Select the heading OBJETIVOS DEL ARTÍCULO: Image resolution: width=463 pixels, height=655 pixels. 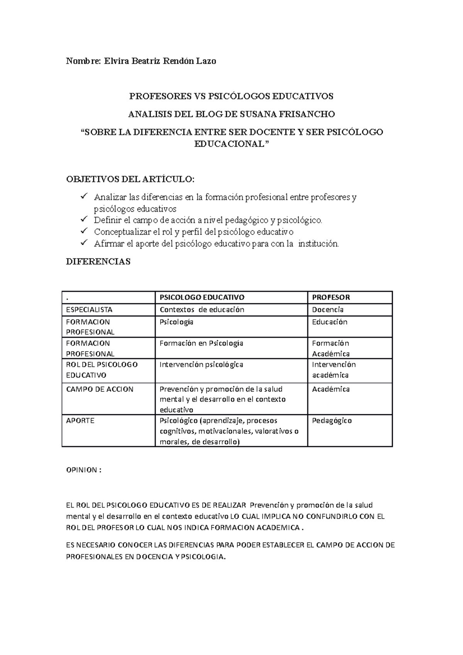(x=131, y=179)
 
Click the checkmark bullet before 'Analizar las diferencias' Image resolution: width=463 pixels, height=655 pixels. (x=84, y=196)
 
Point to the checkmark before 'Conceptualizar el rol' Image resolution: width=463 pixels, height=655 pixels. (x=84, y=231)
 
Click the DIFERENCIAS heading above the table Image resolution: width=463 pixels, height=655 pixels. (x=98, y=262)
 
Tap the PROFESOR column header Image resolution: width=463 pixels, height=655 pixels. (x=331, y=297)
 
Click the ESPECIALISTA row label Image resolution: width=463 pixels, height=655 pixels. (x=90, y=309)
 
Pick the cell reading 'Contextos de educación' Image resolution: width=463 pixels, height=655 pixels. (x=202, y=309)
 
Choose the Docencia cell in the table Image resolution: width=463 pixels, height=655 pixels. (x=328, y=309)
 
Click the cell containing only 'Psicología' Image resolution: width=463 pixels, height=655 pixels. (x=176, y=322)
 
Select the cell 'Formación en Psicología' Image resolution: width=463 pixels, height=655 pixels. (x=201, y=343)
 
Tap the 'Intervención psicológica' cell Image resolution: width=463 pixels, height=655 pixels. (x=201, y=365)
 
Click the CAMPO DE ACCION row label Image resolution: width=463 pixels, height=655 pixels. (x=100, y=389)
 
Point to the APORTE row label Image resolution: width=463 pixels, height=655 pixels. (x=80, y=420)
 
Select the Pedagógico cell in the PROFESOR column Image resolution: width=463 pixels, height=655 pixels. (x=332, y=420)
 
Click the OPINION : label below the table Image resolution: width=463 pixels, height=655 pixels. (x=84, y=470)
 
